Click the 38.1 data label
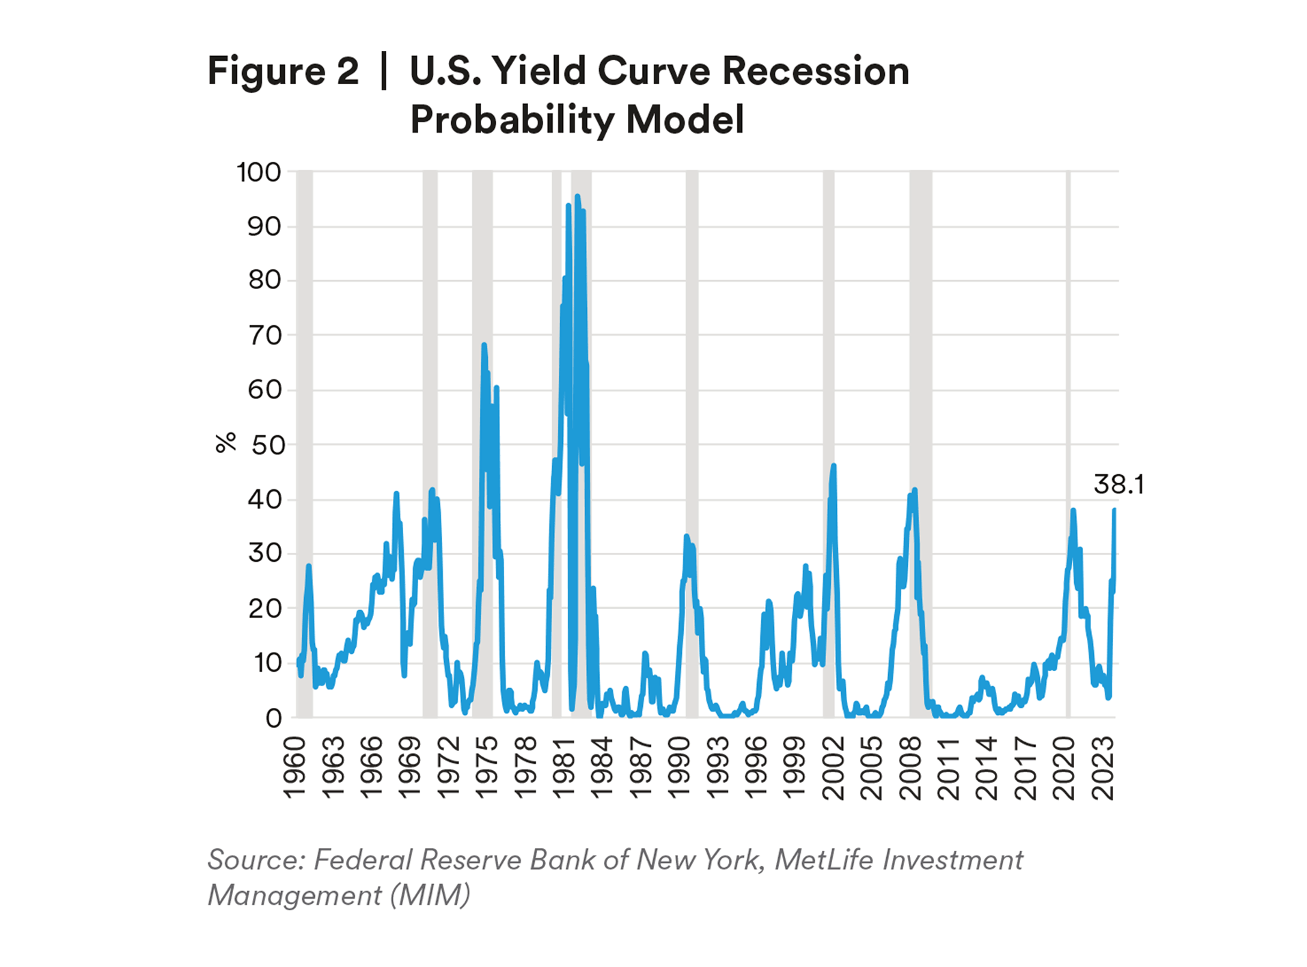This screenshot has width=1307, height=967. point(1118,485)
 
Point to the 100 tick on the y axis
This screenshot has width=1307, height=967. point(259,172)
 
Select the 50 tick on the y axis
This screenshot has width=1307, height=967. point(269,446)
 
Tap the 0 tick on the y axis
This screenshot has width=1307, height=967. point(274,718)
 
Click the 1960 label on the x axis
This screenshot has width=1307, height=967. point(294,768)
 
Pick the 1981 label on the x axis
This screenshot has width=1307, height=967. point(564,768)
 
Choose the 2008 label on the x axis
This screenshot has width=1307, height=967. point(911,768)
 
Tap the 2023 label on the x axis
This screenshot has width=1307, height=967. point(1103,768)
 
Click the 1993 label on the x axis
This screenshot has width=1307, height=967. point(718,768)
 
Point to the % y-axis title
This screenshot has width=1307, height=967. point(225,443)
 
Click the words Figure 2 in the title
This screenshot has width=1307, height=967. point(283,71)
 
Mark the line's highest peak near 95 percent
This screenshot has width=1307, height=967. point(577,197)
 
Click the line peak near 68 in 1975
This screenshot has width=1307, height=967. point(484,345)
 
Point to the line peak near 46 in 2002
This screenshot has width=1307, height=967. point(834,466)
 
